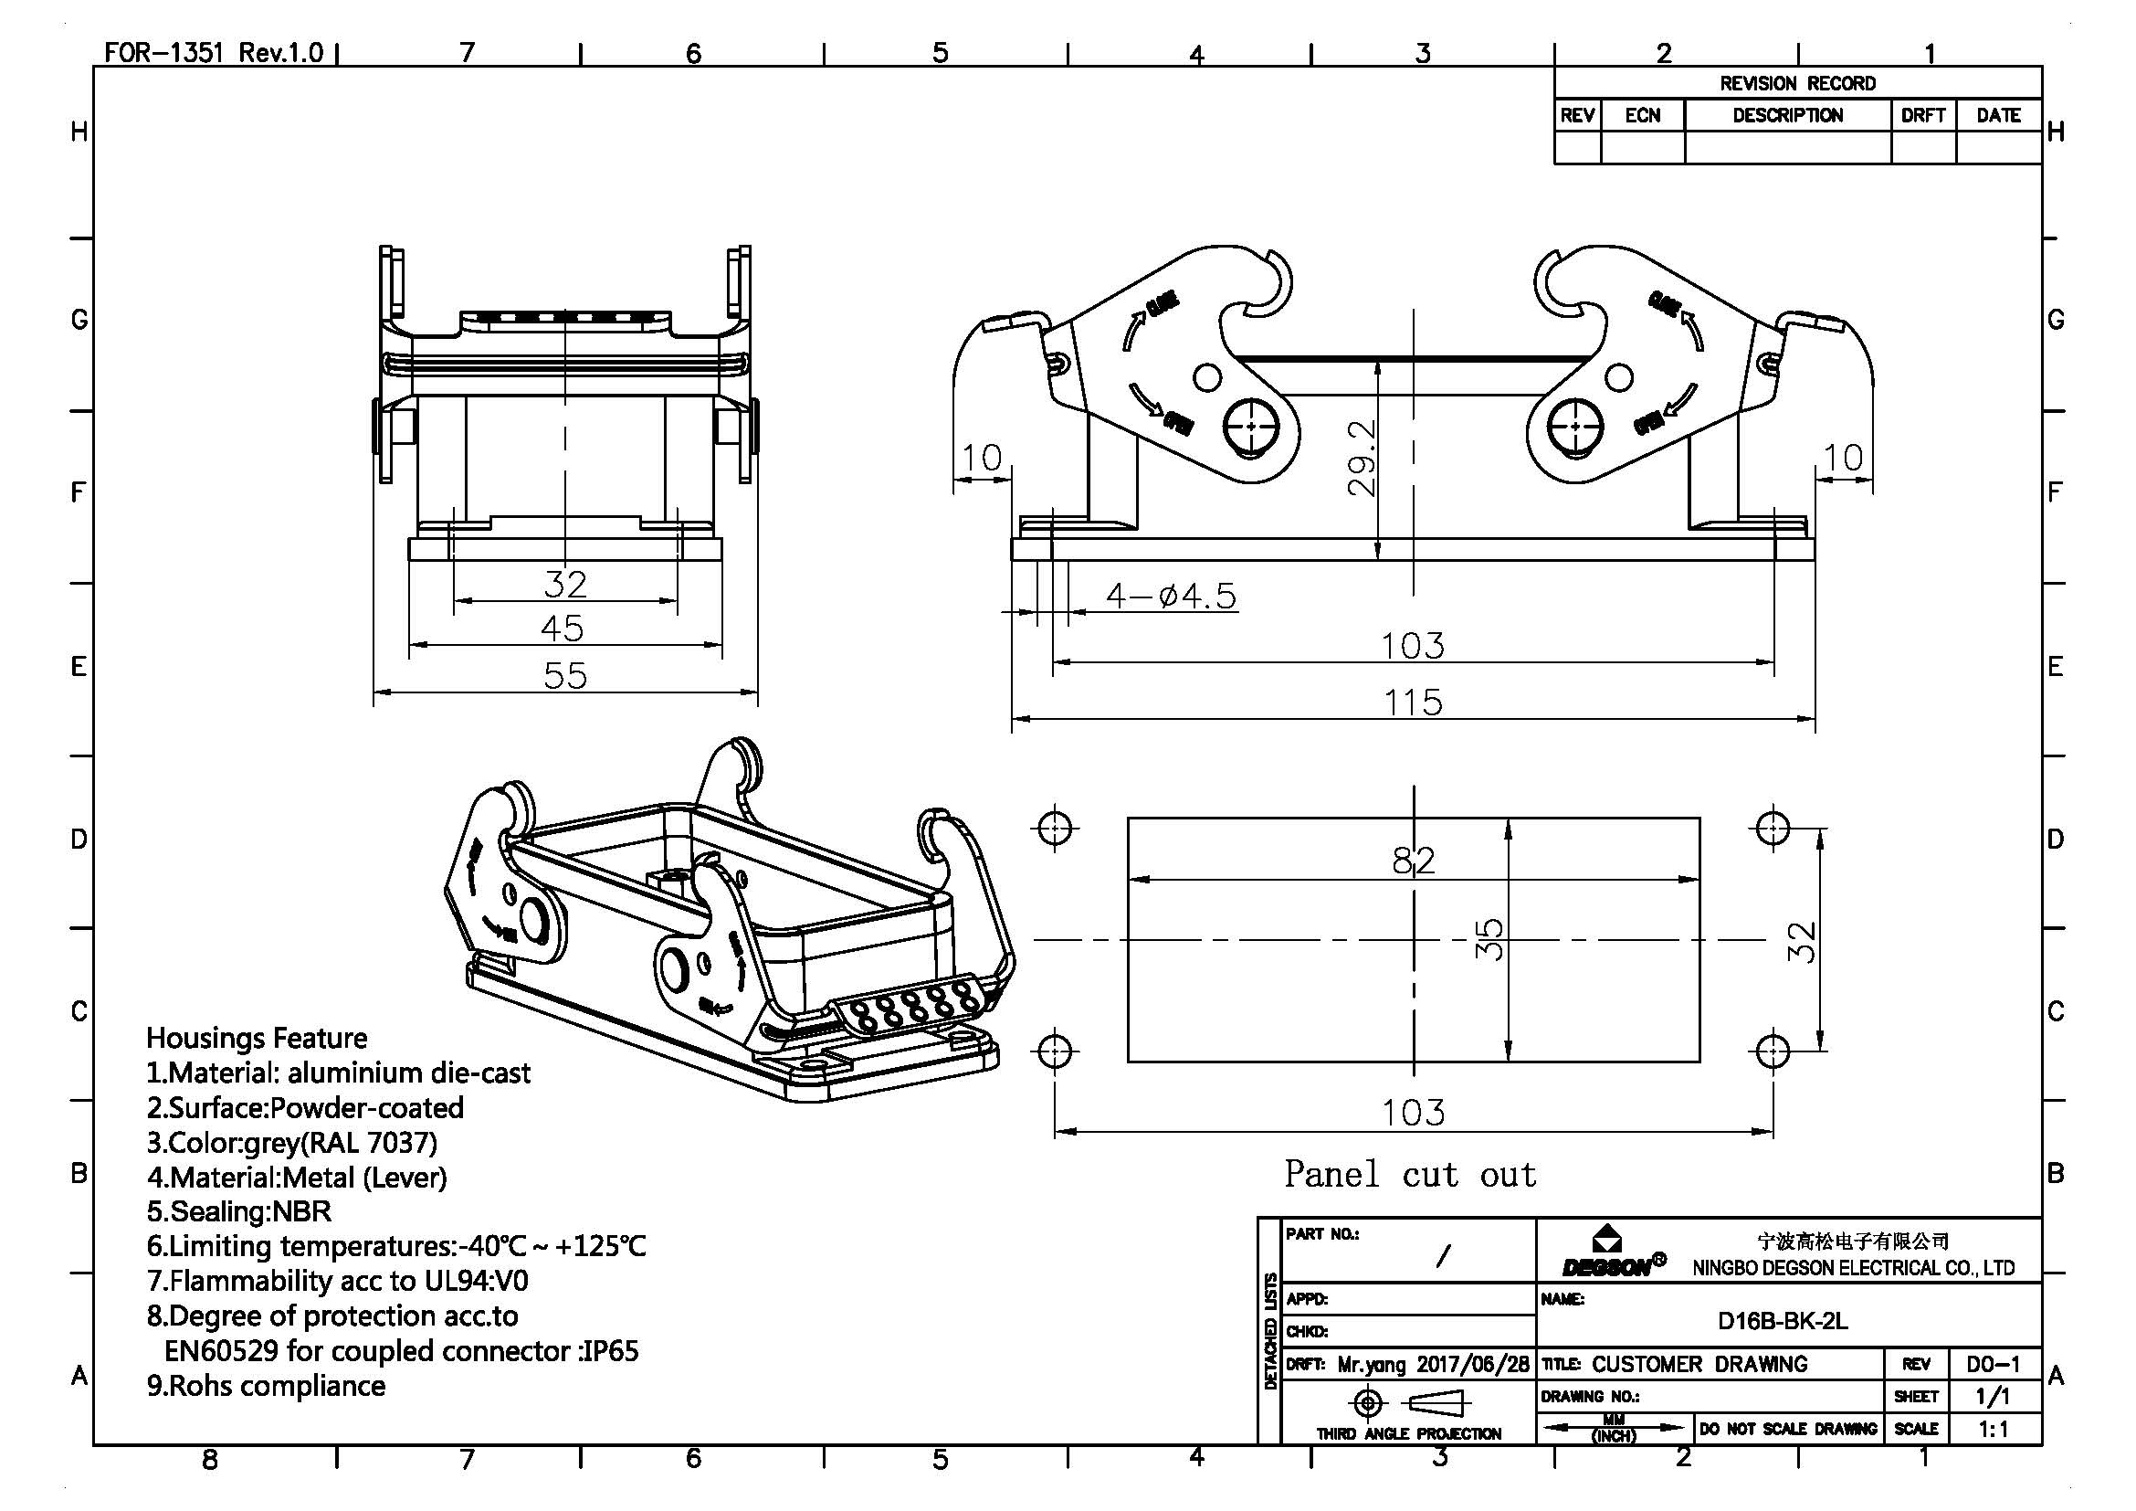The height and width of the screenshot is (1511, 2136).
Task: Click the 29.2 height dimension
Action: [1361, 457]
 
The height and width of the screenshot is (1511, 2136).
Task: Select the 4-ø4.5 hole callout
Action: [1172, 596]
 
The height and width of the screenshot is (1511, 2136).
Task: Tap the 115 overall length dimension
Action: [1412, 702]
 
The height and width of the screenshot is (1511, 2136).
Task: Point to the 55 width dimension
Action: [564, 675]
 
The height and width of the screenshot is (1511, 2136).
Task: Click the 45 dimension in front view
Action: [562, 629]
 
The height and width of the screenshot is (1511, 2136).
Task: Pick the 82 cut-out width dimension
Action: [1413, 861]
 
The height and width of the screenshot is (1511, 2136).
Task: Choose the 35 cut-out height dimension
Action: [1489, 940]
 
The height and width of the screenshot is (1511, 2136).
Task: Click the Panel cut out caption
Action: [1410, 1174]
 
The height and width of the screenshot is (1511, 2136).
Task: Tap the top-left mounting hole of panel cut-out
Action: [1054, 827]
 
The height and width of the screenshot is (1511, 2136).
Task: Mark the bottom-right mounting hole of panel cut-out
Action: [1773, 1051]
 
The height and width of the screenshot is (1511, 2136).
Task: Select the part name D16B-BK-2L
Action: [1782, 1321]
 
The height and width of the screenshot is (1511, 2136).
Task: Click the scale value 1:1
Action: [1993, 1429]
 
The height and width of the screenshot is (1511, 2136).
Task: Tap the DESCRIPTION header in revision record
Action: [1787, 115]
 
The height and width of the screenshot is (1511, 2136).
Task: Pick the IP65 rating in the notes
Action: [609, 1351]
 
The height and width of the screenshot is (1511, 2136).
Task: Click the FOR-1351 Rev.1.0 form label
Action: [213, 52]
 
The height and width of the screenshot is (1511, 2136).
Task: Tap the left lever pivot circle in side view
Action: [1251, 427]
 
